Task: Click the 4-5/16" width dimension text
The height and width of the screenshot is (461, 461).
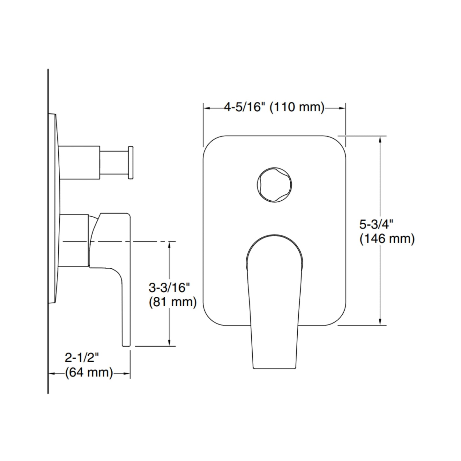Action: tap(245, 107)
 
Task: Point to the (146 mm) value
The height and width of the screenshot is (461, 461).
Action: tap(387, 239)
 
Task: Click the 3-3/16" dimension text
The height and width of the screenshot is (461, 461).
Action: tap(169, 288)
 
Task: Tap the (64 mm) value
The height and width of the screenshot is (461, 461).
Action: tap(89, 372)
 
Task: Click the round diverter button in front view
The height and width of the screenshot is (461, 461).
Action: tap(274, 184)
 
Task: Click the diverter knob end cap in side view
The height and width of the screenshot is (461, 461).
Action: tap(130, 162)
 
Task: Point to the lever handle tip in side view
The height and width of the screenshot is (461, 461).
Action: tap(126, 341)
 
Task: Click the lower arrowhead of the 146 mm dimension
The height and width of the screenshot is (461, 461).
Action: tap(380, 322)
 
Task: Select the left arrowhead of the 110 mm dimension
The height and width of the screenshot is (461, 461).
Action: tap(207, 108)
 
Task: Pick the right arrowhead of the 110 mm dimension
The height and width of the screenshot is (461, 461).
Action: tap(342, 108)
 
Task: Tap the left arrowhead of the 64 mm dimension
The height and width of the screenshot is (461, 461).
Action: tap(52, 373)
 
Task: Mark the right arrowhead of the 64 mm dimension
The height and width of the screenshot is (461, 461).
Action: tap(127, 373)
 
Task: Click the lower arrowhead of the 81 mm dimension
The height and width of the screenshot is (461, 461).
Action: tap(169, 342)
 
